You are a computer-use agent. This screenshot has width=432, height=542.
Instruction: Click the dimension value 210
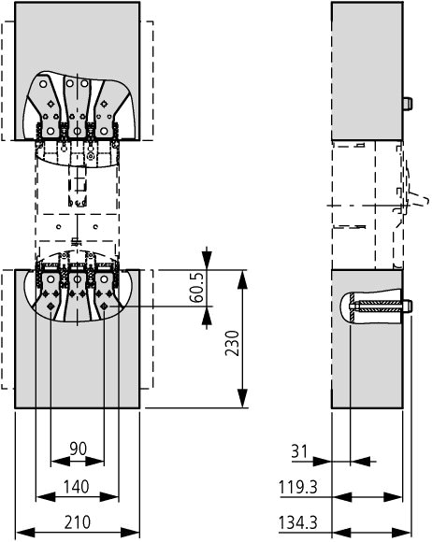tap(77, 522)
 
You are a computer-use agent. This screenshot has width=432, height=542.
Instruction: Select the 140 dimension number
tap(76, 487)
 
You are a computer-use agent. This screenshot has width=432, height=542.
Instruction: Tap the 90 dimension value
tap(79, 449)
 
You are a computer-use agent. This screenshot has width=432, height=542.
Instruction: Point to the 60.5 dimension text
tap(197, 287)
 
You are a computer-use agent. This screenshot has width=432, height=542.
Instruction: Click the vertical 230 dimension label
tap(232, 343)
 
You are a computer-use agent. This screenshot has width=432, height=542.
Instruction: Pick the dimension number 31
tap(299, 451)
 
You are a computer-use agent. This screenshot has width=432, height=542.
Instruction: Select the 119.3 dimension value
tap(297, 488)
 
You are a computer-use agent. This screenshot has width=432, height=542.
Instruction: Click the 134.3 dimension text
tap(297, 522)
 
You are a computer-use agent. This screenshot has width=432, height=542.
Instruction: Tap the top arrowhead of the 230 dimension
tap(243, 279)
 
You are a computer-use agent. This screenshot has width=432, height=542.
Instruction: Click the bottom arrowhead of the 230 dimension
tap(243, 398)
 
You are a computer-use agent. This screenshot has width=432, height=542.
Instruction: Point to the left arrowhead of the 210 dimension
tap(25, 533)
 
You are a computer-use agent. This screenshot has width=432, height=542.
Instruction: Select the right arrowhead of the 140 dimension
tap(109, 497)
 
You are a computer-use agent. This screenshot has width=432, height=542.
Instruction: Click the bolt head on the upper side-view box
tap(407, 104)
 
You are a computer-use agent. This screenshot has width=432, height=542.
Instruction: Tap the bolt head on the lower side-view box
tap(407, 306)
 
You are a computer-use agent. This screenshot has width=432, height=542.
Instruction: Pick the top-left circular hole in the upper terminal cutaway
tap(43, 84)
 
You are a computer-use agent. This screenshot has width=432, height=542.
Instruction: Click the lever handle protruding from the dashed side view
tap(420, 199)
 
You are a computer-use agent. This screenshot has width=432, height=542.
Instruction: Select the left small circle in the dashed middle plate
tap(59, 227)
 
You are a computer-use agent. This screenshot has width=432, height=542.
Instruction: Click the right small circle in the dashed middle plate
tap(95, 227)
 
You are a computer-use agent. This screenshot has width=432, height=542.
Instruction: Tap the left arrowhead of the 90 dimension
tap(61, 462)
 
